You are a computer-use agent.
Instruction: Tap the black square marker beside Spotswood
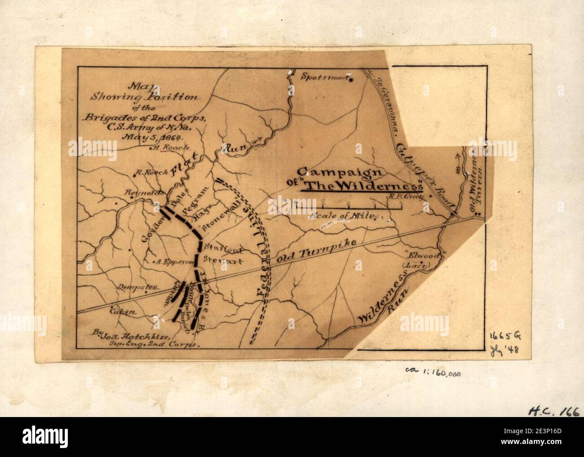point(352,80)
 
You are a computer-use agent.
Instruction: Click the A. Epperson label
point(167,262)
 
